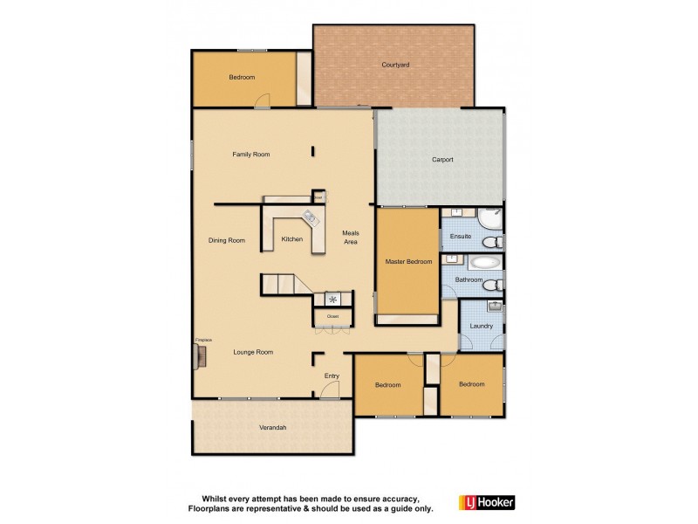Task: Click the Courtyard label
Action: [x=395, y=65]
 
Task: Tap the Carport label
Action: [x=442, y=160]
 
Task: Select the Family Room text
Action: [x=250, y=155]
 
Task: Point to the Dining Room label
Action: [x=226, y=240]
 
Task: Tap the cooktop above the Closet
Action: [x=332, y=299]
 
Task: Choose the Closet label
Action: [x=332, y=316]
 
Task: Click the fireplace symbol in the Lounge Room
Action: [x=200, y=354]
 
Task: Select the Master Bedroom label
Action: [x=408, y=261]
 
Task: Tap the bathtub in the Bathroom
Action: [x=485, y=262]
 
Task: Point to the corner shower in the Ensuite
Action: [x=490, y=217]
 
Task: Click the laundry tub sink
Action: [x=494, y=307]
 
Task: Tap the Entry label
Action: [x=332, y=376]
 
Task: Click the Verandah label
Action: [x=272, y=427]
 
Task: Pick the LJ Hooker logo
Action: [x=486, y=502]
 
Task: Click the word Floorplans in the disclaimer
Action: [x=210, y=507]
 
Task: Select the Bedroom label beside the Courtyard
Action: [x=242, y=78]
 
